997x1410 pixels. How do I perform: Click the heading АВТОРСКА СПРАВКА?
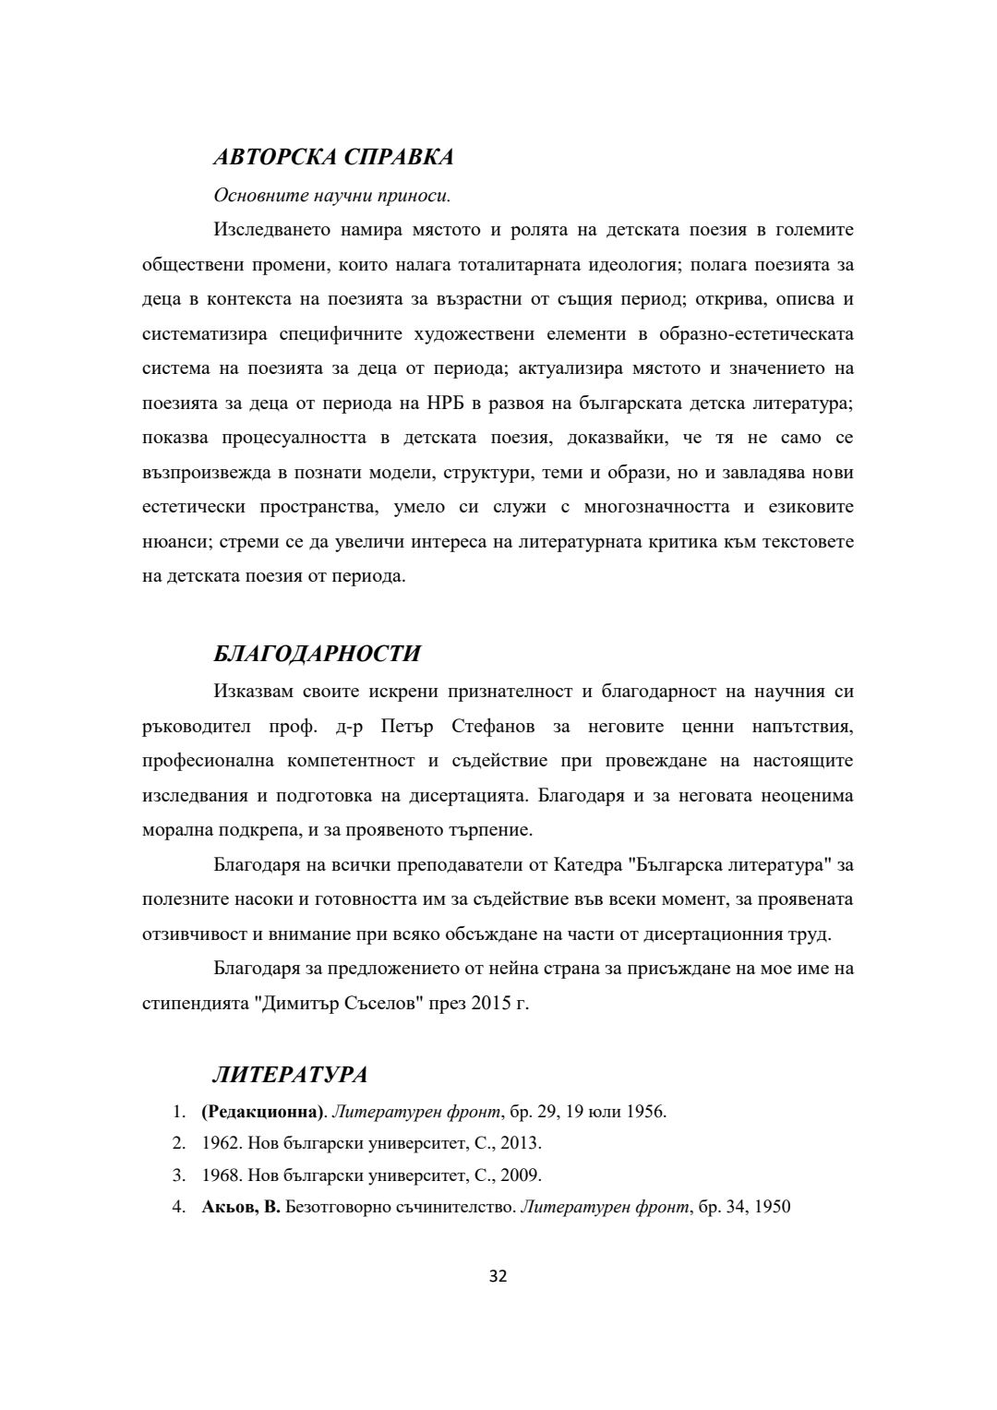click(x=333, y=157)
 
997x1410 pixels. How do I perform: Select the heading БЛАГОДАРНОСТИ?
click(x=317, y=654)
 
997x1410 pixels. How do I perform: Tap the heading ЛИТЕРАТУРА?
click(x=290, y=1075)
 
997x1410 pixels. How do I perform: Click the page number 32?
click(x=498, y=1277)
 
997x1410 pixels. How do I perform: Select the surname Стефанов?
click(x=494, y=726)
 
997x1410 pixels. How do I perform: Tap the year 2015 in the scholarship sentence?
click(x=491, y=1003)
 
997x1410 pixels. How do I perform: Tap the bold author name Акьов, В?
click(x=240, y=1207)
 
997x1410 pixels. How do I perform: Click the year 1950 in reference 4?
click(x=773, y=1207)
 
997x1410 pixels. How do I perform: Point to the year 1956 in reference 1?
click(x=645, y=1111)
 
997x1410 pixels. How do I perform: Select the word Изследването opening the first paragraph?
click(x=270, y=229)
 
